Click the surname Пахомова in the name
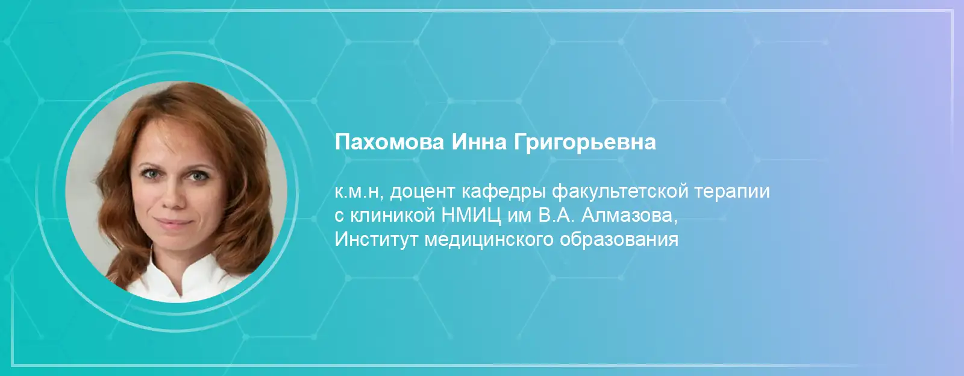(389, 142)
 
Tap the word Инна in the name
(479, 142)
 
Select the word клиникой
(392, 216)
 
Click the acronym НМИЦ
(471, 216)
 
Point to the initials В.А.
(556, 215)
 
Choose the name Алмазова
(629, 216)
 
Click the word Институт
(376, 239)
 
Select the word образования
(619, 240)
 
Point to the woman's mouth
(174, 222)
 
